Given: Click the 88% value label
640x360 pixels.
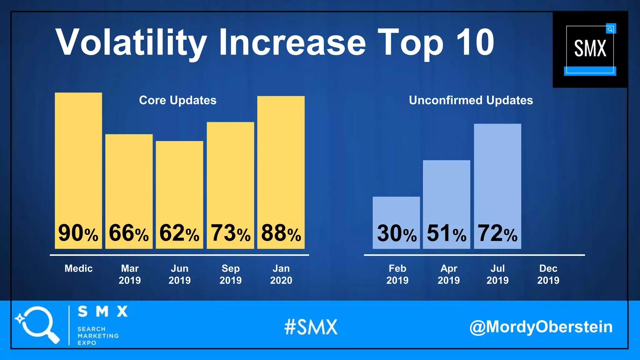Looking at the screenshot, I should tap(281, 233).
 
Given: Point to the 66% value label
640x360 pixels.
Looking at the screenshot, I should tap(129, 233).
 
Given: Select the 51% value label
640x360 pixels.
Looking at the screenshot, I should tap(447, 234).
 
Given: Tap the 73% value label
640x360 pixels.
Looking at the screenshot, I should tap(230, 233).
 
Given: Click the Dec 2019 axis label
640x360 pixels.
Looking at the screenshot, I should tap(548, 274).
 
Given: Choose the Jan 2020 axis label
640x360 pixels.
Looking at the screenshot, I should tap(281, 274).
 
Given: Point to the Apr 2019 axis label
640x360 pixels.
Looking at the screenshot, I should tap(448, 274).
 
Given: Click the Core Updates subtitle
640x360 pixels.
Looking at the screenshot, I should tap(177, 100).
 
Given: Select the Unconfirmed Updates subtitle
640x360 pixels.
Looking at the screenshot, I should tap(471, 100).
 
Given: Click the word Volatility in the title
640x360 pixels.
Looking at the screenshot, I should tap(131, 43).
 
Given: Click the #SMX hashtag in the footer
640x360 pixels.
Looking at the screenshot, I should tap(311, 327).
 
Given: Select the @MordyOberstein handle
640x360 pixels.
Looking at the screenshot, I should tap(541, 327).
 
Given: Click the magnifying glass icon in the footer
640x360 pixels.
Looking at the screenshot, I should tap(37, 324).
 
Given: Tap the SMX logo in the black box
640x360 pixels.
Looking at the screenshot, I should tap(590, 49).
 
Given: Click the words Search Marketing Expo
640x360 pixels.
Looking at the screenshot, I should tap(97, 336).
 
